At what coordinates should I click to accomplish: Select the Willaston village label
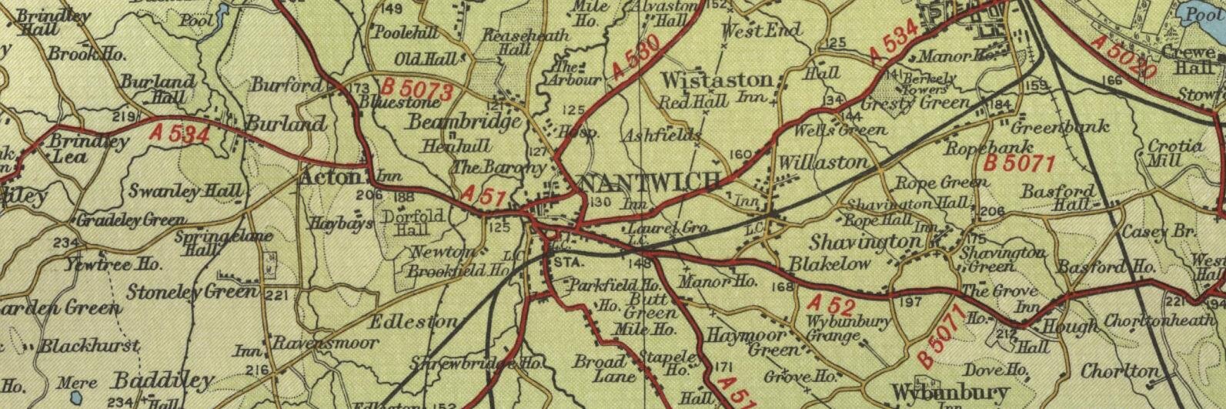click(823, 163)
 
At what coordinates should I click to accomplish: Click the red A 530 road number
click(638, 59)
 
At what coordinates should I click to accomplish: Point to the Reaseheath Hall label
click(526, 42)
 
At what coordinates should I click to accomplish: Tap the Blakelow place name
click(830, 263)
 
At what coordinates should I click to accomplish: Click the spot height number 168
click(781, 287)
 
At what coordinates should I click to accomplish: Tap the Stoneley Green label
click(192, 292)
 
